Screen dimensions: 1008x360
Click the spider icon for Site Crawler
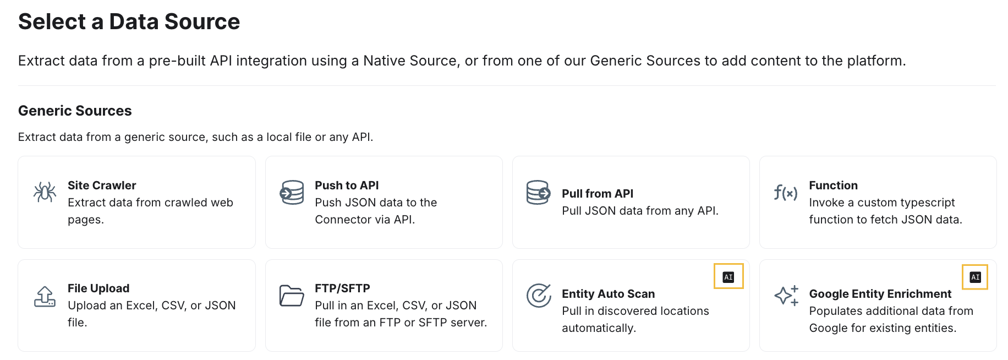[x=45, y=192]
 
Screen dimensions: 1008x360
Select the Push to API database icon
[x=292, y=192]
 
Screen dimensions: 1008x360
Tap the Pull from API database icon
[x=538, y=192]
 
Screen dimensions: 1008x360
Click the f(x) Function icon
[x=785, y=193]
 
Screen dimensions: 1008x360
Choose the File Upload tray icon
[x=45, y=296]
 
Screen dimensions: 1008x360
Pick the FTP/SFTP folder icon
[x=292, y=296]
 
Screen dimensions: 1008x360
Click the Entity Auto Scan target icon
[x=539, y=296]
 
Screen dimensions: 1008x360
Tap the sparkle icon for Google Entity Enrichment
[x=786, y=296]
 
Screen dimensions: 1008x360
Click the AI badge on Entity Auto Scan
[x=728, y=277]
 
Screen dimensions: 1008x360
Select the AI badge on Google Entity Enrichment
[x=975, y=277]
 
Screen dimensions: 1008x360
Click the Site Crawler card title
[x=102, y=186]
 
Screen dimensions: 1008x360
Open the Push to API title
[x=347, y=186]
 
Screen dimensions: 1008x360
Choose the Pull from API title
[x=598, y=194]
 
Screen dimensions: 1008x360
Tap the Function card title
[x=833, y=186]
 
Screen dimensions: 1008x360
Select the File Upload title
[x=98, y=288]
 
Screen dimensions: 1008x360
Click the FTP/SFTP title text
[x=342, y=288]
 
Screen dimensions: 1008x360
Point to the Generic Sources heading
[x=75, y=111]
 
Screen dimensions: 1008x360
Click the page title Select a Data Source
[x=129, y=21]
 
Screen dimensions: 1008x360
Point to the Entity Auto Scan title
[x=608, y=294]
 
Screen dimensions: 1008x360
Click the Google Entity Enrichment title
[x=880, y=294]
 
